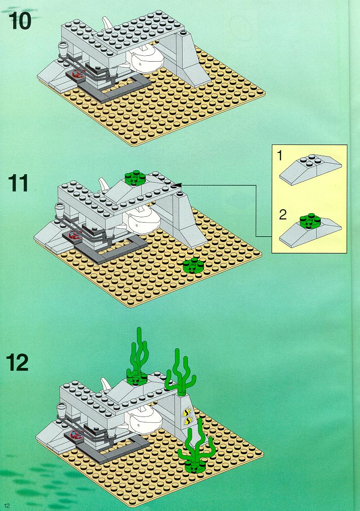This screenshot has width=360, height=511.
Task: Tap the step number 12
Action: coord(18,363)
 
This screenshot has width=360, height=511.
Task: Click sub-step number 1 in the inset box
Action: coord(279,156)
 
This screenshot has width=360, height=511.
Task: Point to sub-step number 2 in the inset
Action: coord(283,215)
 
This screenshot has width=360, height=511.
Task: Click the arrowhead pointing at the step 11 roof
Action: coord(176,185)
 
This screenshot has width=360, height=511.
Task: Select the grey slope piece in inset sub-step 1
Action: coord(310,169)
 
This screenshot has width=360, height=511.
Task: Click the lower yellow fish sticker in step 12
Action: coord(187,421)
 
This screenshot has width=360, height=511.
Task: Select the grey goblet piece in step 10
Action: coord(63,49)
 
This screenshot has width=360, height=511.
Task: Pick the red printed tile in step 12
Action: coord(76,434)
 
